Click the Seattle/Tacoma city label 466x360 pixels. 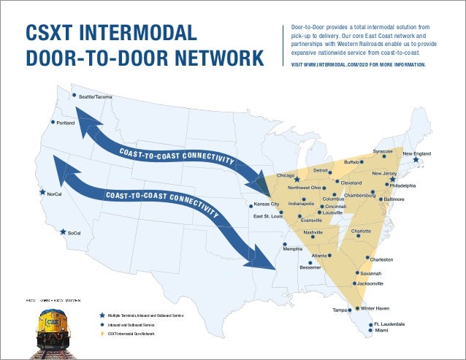pos(95,97)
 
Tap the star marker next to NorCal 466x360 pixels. pos(42,194)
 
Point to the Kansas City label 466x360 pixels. pos(267,205)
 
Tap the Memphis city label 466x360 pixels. pos(293,250)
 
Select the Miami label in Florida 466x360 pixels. pos(382,331)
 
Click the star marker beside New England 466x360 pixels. pos(416,160)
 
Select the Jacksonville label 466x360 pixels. pos(370,283)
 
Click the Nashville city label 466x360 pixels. pos(313,231)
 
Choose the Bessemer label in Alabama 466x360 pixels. pos(310,267)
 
